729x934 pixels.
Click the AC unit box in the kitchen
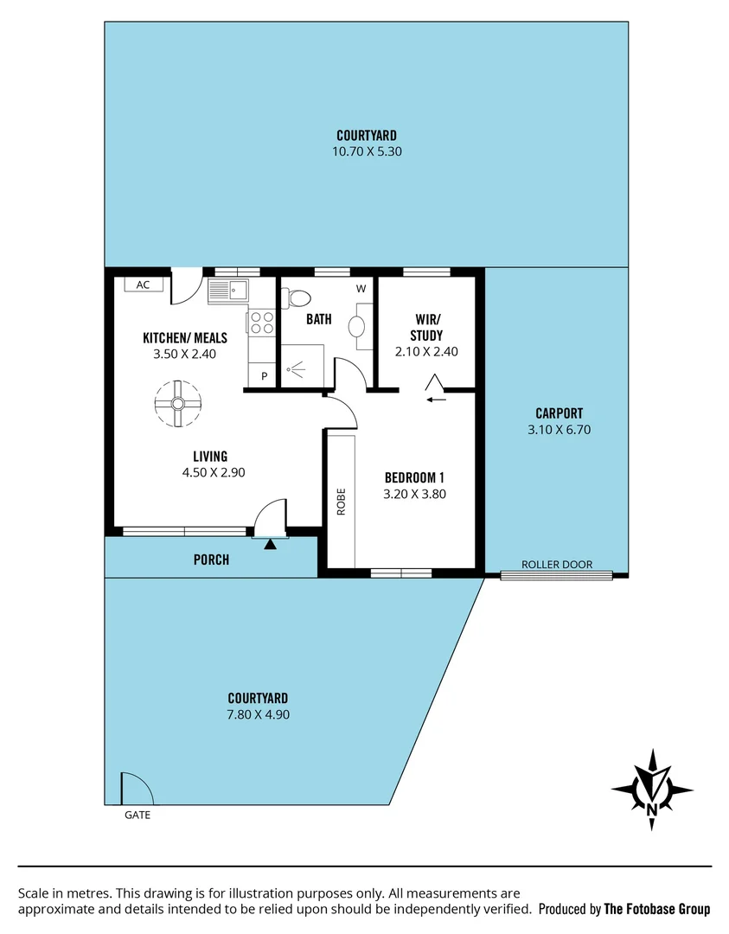[x=144, y=285]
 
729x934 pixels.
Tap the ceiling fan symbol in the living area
[x=177, y=403]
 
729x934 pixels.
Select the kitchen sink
[x=228, y=291]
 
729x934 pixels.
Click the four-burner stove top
[x=262, y=322]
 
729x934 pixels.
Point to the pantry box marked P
[x=263, y=376]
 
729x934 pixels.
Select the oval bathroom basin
[x=356, y=327]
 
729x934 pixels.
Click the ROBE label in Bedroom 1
[x=341, y=502]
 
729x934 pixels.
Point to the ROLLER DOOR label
[x=557, y=565]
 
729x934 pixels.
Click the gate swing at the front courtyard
[x=135, y=789]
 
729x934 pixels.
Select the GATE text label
[x=137, y=815]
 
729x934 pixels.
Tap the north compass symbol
[x=652, y=790]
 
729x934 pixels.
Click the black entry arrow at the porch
[x=271, y=545]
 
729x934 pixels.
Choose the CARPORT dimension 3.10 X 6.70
[x=559, y=429]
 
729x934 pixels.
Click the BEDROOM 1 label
[x=414, y=477]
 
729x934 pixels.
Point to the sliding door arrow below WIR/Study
[x=436, y=399]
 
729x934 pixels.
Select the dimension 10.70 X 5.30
[x=367, y=151]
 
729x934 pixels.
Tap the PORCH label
[x=211, y=560]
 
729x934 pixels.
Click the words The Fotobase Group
[x=656, y=909]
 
